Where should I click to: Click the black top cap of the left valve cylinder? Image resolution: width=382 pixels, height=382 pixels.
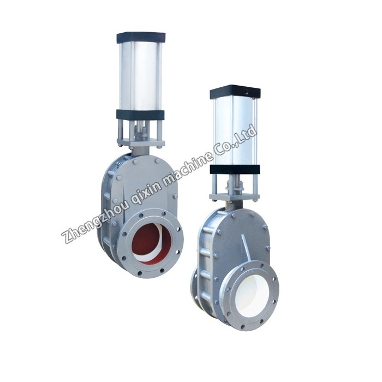[x=141, y=37]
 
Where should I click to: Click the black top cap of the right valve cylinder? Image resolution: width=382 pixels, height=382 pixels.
[x=235, y=93]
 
